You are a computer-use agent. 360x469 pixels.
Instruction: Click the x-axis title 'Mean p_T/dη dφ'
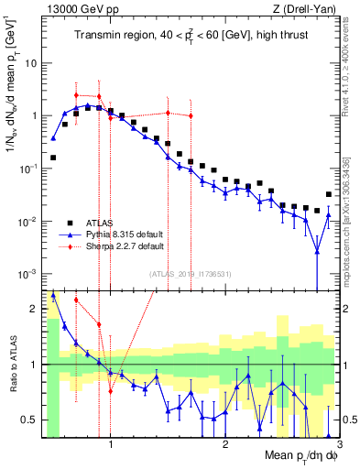(301, 455)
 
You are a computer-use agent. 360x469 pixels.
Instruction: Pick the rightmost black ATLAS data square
(329, 194)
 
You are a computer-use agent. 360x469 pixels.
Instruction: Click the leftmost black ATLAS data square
(53, 158)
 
